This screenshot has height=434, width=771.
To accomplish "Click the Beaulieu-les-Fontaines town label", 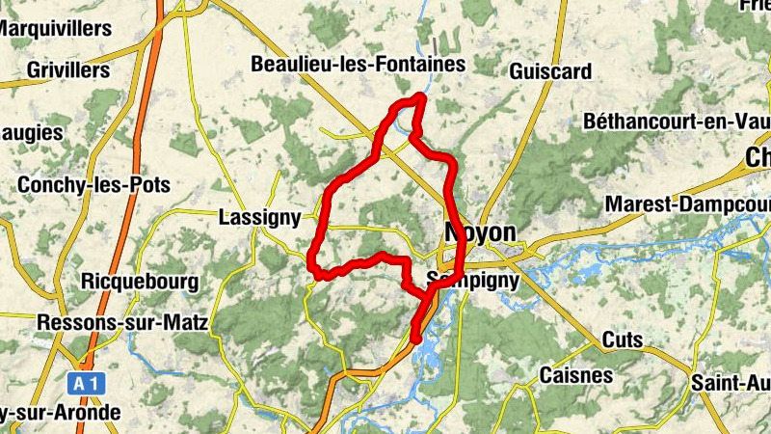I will click(358, 65).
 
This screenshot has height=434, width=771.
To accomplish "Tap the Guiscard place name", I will click(549, 70).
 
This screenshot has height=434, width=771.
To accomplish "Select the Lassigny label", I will click(260, 217).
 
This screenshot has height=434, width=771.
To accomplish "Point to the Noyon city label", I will click(480, 233).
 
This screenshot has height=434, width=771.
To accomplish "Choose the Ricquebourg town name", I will click(141, 283).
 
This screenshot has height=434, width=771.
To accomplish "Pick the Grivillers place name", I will click(68, 70).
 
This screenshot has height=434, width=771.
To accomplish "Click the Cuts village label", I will click(622, 339).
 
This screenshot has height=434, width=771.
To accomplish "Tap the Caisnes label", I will click(575, 374).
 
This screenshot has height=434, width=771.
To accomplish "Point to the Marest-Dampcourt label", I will click(687, 205).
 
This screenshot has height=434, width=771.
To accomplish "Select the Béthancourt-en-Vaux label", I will click(676, 122).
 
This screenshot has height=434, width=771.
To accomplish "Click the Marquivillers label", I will click(55, 29).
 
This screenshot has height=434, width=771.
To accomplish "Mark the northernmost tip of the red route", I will click(420, 96).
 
